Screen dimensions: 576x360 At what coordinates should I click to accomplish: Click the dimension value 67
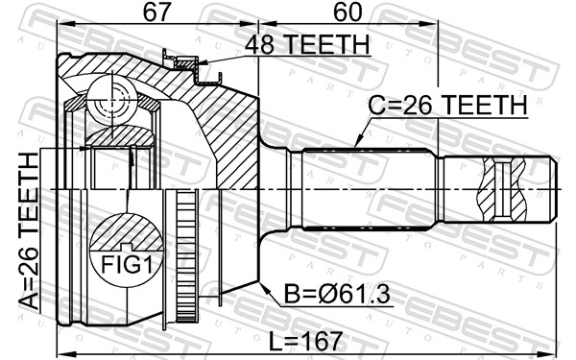tap(157, 12)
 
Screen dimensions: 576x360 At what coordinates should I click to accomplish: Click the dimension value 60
tap(348, 12)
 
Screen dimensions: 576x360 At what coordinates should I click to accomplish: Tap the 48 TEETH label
tap(307, 44)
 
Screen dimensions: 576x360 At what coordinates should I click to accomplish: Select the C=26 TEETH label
tap(447, 105)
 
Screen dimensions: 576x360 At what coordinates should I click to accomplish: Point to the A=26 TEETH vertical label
tap(28, 231)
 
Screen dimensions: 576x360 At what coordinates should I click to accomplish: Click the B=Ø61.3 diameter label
tap(337, 295)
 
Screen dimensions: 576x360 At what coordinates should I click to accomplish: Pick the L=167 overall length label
tap(305, 341)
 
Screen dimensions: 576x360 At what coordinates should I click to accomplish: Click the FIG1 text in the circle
tap(127, 265)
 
